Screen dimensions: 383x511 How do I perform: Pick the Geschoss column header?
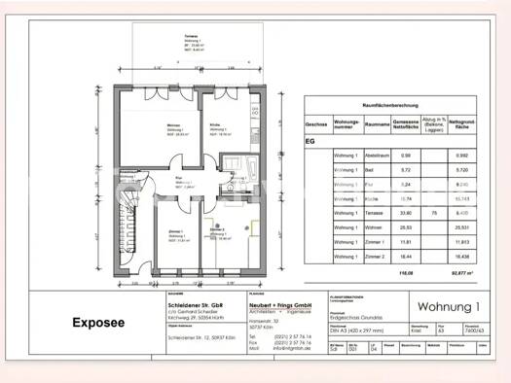(x=316, y=124)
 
